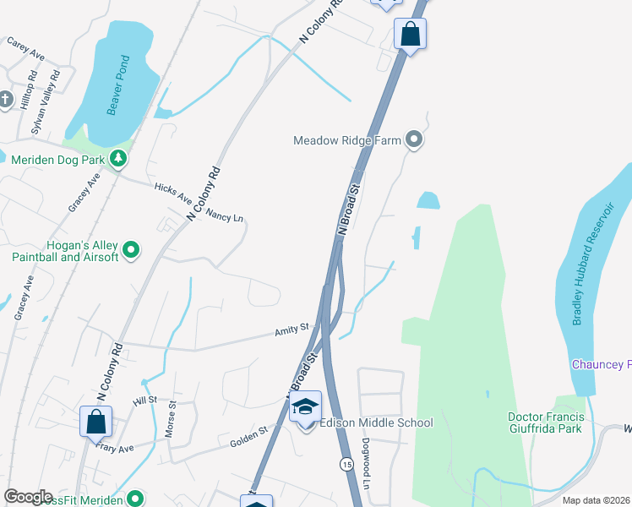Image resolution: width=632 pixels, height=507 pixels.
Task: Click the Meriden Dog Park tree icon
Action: pos(119,158)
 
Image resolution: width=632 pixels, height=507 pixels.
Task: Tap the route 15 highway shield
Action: pos(346,464)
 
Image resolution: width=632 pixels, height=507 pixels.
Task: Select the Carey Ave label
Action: pos(25,46)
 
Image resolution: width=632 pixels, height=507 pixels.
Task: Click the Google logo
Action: pos(28,497)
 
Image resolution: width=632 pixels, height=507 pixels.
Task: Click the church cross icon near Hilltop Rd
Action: pos(5,100)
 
